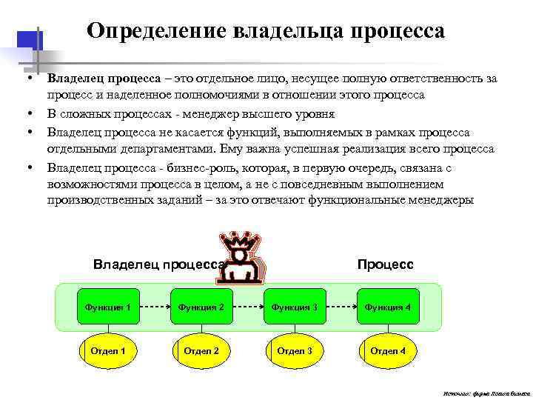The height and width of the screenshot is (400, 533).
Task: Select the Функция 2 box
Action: (x=201, y=307)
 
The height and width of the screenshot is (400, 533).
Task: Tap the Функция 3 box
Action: (x=295, y=307)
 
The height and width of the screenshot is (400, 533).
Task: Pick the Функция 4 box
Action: (x=388, y=307)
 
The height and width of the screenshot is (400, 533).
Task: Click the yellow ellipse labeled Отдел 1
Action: (x=108, y=350)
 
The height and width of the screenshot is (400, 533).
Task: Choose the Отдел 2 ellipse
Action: (x=201, y=350)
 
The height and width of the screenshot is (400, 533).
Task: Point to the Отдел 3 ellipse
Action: (x=295, y=350)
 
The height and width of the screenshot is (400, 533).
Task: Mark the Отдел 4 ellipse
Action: (x=388, y=350)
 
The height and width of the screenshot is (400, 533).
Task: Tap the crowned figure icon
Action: (x=240, y=259)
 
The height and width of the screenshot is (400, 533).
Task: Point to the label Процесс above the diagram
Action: (x=385, y=264)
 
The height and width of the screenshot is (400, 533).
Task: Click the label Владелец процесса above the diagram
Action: (x=158, y=264)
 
